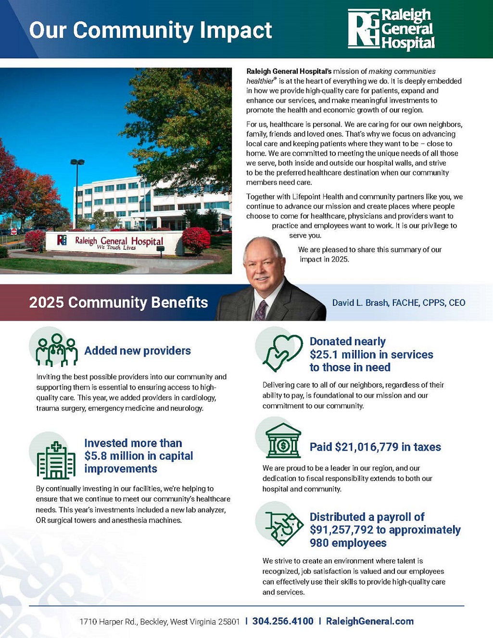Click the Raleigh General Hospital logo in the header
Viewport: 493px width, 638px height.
pos(391,29)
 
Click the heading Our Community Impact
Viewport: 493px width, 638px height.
pos(151,30)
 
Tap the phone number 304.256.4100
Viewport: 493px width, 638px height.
pos(283,621)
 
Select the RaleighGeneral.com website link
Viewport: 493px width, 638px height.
pos(369,621)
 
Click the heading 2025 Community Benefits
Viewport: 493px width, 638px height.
pos(118,302)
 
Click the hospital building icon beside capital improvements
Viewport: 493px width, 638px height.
pos(56,460)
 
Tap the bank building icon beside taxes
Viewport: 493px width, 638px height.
pos(283,441)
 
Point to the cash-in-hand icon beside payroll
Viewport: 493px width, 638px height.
pos(283,527)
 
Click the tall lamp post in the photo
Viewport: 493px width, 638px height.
pos(77,193)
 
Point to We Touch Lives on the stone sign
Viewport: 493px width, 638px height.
pos(116,247)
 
